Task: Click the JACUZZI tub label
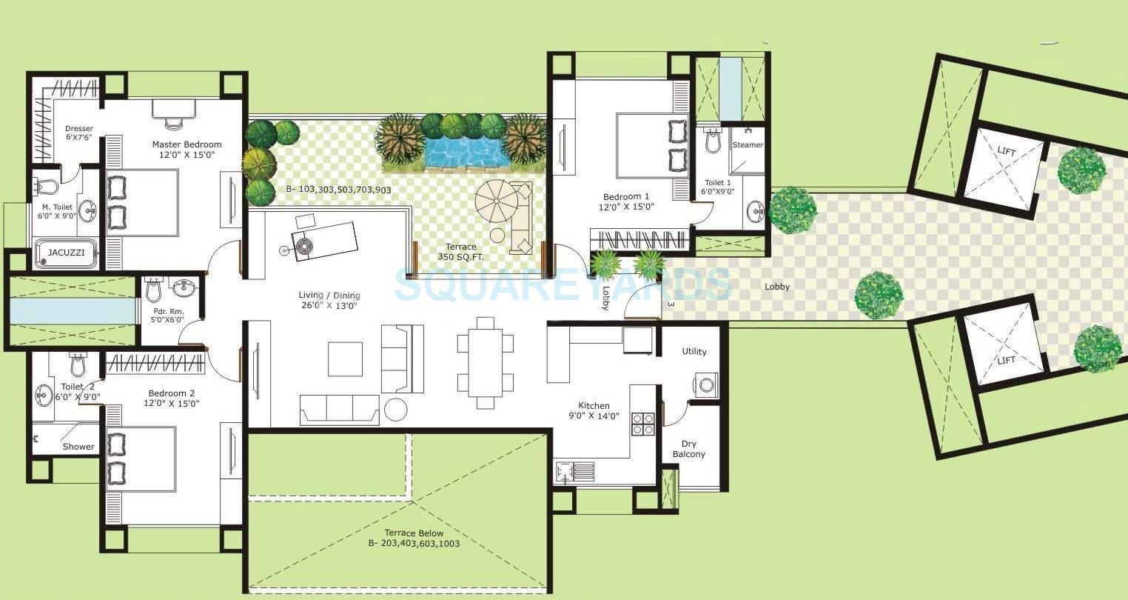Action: pos(66,253)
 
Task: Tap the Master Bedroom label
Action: pos(187,144)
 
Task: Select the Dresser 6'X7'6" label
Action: pos(79,133)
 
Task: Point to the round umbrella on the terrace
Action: pos(500,201)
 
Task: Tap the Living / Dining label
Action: pos(328,300)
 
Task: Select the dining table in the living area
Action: pos(486,362)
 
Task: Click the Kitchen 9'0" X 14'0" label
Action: pos(594,410)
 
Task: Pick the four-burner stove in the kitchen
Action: pos(642,424)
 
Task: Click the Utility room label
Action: pos(694,352)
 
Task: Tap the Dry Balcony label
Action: pos(688,449)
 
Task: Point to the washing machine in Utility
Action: pos(705,384)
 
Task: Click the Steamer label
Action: pos(748,145)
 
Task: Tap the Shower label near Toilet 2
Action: pos(78,447)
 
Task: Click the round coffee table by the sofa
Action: pos(396,410)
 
